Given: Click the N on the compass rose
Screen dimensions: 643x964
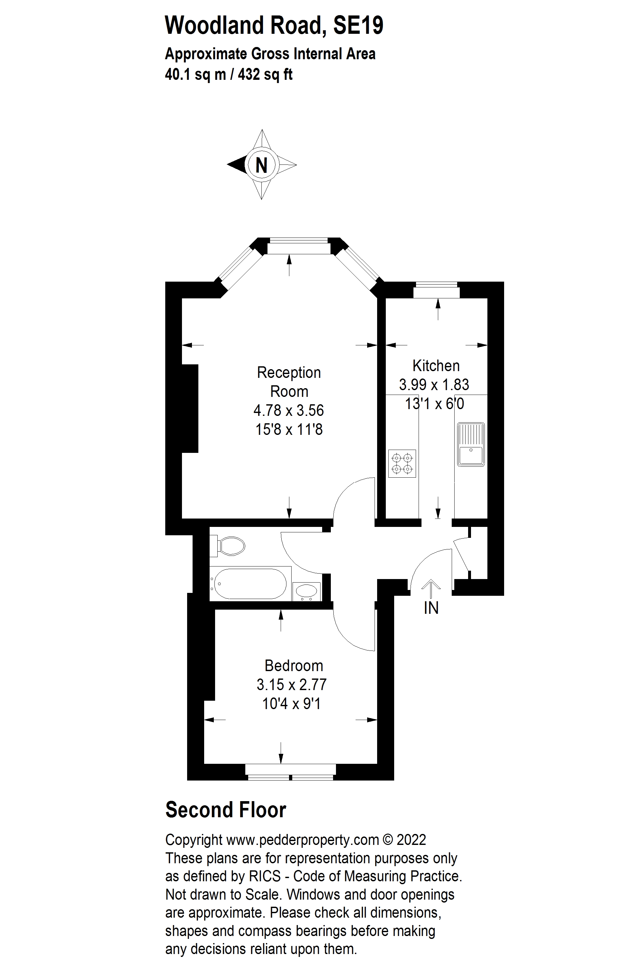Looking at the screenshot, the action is click(262, 165).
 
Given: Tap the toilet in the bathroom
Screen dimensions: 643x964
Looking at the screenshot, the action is click(228, 546).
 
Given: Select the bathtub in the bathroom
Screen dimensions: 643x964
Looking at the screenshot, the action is click(250, 584).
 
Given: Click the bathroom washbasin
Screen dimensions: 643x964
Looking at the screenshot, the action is click(306, 591).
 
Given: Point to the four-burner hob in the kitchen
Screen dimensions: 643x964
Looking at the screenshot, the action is click(402, 463).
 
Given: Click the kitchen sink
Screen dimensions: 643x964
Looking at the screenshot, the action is click(471, 444).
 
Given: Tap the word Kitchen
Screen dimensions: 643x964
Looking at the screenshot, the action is click(436, 365).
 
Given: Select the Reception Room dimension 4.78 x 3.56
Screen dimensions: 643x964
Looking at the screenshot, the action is click(289, 410).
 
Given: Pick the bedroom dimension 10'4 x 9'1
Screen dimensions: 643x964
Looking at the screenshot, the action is click(291, 704).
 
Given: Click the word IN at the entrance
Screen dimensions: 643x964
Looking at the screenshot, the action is click(431, 608).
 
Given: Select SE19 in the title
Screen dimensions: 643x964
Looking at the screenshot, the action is click(358, 25).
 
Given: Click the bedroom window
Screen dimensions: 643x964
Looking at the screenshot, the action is click(291, 772).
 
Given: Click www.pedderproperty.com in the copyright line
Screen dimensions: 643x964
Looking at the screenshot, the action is click(303, 840).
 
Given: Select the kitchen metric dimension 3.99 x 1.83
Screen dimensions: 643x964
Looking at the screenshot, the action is click(434, 385).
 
